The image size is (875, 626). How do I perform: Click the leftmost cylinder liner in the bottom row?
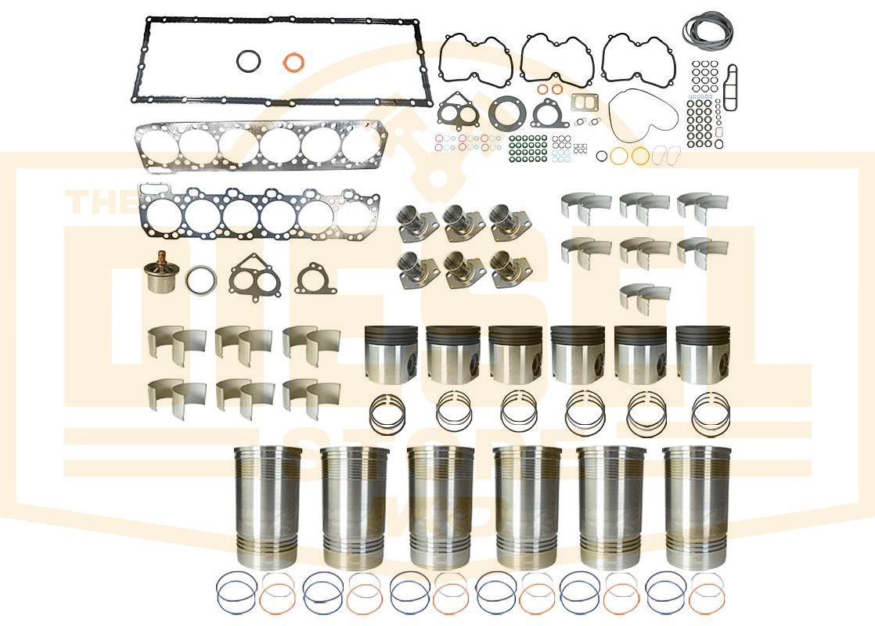267,507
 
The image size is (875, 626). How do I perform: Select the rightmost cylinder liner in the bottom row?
696,507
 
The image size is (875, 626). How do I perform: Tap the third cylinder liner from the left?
440,507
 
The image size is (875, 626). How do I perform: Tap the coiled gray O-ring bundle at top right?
708,31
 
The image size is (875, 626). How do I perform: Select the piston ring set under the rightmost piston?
711,413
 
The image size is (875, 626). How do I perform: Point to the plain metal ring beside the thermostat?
202,280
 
